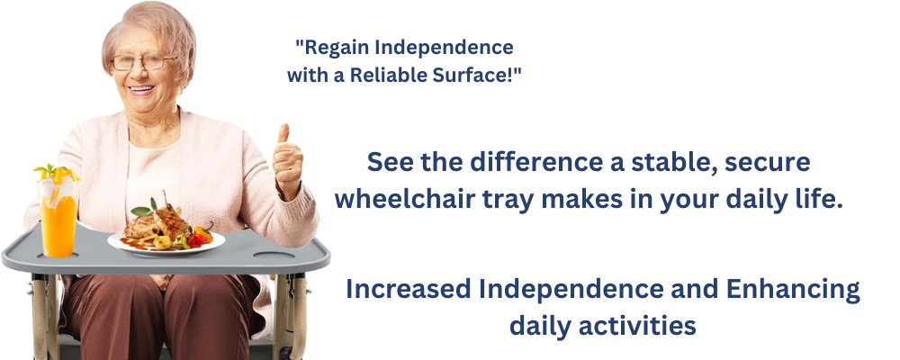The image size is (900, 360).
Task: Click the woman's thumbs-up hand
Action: [x=287, y=162]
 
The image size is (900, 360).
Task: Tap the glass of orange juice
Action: [x=58, y=215]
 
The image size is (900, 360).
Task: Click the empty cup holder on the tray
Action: [x=274, y=255]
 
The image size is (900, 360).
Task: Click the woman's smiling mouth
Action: [x=141, y=89]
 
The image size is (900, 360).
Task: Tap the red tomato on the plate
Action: [x=195, y=241]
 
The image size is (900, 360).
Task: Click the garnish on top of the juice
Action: [x=55, y=172]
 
